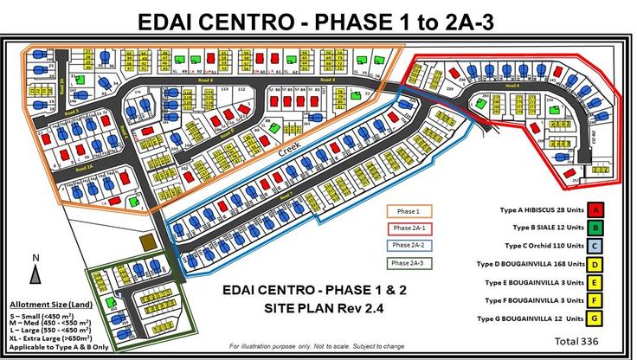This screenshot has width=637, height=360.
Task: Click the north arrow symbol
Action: point(34,272)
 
